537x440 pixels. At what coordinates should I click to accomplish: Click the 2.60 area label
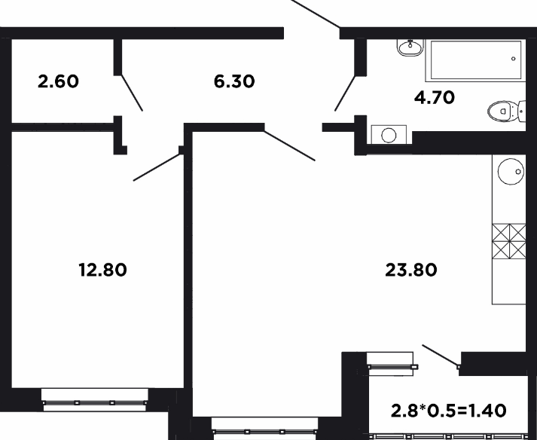pos(58,81)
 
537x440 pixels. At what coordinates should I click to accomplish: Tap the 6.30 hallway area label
pos(234,81)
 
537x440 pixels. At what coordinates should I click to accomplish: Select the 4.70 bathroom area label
pos(435,98)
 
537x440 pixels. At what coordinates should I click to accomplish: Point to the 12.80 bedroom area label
pos(102,270)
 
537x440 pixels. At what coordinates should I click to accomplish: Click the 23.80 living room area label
pos(411,270)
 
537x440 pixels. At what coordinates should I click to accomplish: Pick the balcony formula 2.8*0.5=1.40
pos(448,410)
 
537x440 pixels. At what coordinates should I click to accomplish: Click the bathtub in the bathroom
pos(475,61)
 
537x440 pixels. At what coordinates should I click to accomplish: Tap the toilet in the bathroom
pos(507,111)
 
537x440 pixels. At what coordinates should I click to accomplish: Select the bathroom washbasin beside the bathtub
pos(410,47)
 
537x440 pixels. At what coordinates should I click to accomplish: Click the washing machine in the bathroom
pos(389,135)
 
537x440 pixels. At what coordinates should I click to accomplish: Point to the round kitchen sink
pos(511,171)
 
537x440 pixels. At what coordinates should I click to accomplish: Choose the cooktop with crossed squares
pos(509,241)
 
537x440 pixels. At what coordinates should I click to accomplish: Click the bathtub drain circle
pos(514,59)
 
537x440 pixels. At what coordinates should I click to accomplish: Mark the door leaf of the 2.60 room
pos(132,93)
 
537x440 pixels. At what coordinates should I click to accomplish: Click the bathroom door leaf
pos(346,93)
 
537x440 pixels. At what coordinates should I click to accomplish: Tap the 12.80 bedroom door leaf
pos(157,167)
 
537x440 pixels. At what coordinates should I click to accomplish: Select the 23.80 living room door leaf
pos(290,145)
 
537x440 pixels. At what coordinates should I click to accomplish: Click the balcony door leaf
pos(441,356)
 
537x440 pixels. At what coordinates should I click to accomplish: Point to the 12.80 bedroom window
pos(95,399)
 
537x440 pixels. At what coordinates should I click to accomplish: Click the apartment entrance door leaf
pos(316,14)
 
